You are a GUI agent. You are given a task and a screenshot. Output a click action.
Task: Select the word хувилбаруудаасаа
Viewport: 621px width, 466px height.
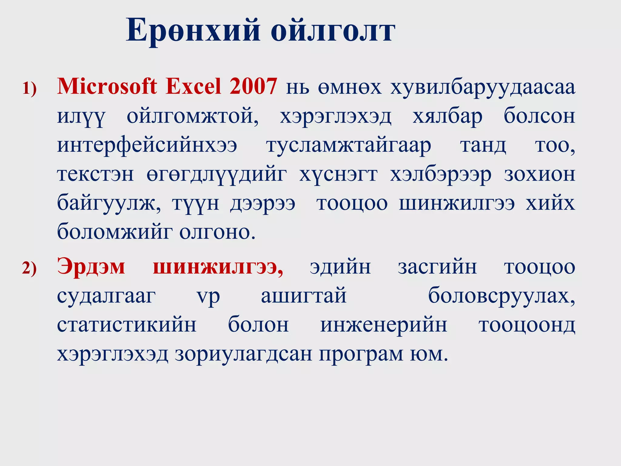coord(483,88)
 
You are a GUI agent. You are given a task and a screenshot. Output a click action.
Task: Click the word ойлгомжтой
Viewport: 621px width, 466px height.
coord(193,117)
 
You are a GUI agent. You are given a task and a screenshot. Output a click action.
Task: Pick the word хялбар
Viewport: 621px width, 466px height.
coord(447,117)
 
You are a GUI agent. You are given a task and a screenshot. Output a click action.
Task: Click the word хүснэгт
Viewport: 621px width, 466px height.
coord(338,175)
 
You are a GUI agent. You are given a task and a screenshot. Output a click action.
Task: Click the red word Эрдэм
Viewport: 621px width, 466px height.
coord(91,267)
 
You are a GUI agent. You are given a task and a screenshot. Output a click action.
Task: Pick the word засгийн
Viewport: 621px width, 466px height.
coord(437,267)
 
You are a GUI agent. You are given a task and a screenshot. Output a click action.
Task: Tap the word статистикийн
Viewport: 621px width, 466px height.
coord(127,325)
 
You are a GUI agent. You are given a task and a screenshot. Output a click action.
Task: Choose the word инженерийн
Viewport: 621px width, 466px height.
coord(384,325)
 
